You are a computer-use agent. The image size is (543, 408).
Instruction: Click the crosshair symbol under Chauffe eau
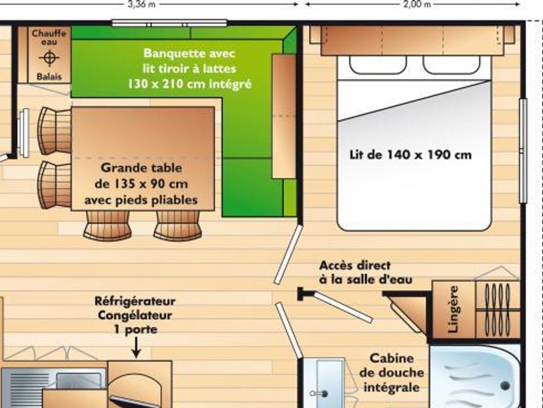point(49,57)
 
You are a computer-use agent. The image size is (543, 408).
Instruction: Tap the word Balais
point(49,76)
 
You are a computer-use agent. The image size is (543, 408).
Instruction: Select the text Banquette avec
point(189,53)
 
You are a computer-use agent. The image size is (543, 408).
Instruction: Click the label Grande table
point(142,168)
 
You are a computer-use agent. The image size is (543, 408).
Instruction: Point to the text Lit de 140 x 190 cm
point(411,154)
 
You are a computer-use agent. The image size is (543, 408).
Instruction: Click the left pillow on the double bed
point(378,65)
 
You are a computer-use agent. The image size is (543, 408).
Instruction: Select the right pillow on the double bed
point(451,65)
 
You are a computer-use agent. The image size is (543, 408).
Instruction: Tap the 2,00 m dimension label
point(418,4)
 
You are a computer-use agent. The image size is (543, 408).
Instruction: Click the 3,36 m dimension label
point(142,4)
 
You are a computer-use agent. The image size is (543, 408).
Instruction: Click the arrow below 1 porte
point(136,348)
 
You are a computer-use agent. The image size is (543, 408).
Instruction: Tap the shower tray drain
point(505,386)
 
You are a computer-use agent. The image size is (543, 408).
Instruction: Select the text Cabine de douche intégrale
point(392,373)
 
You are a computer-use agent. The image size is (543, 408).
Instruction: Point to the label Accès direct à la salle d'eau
point(366,273)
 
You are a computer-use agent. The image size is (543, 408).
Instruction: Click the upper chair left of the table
point(55,131)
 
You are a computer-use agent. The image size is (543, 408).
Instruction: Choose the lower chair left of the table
point(55,185)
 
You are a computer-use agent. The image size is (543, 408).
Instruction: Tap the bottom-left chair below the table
point(108,225)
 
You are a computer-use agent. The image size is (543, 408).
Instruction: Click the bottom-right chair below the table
point(178,225)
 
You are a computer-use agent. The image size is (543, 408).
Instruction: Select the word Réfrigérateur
point(135,301)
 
